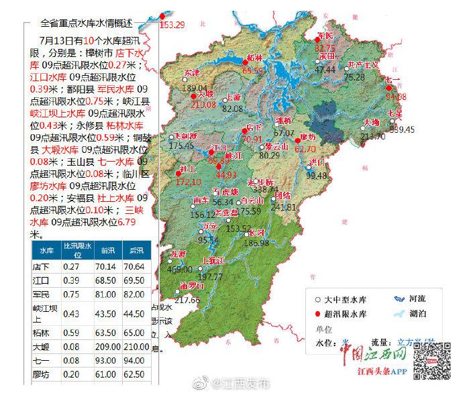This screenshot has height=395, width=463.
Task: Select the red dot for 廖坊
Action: point(297,141)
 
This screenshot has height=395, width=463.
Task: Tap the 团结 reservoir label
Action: point(282,195)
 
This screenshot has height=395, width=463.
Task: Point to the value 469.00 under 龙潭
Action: point(179,269)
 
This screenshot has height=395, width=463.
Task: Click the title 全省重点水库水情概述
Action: point(92,22)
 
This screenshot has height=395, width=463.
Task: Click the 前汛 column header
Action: point(107,250)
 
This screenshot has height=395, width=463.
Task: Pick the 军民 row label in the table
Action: point(42,293)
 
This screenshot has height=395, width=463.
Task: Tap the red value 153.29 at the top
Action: point(172,25)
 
